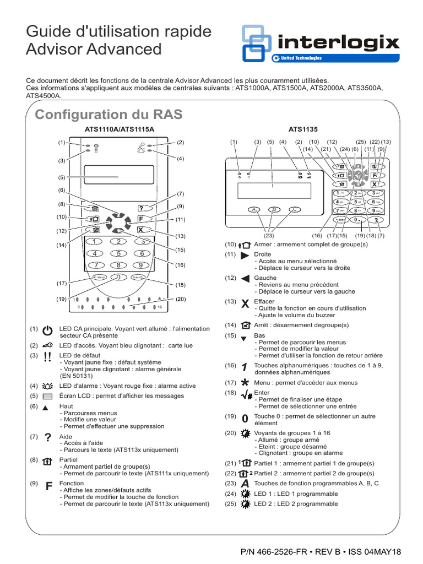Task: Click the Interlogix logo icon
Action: pyautogui.click(x=257, y=44)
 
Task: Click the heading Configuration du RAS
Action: pyautogui.click(x=108, y=115)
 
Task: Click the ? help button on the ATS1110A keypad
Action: pyautogui.click(x=142, y=208)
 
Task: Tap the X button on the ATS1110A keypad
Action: pyautogui.click(x=142, y=230)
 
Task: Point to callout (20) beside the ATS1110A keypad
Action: pyautogui.click(x=180, y=299)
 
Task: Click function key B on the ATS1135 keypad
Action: pyautogui.click(x=274, y=209)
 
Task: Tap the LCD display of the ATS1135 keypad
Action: pyautogui.click(x=273, y=191)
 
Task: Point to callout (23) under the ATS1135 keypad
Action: pyautogui.click(x=269, y=236)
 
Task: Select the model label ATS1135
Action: pyautogui.click(x=303, y=130)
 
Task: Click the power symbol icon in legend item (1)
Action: pyautogui.click(x=47, y=330)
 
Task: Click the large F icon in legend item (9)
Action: pyautogui.click(x=48, y=486)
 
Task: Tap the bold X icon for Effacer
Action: pyautogui.click(x=245, y=303)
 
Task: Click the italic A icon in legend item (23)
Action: pyautogui.click(x=245, y=483)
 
